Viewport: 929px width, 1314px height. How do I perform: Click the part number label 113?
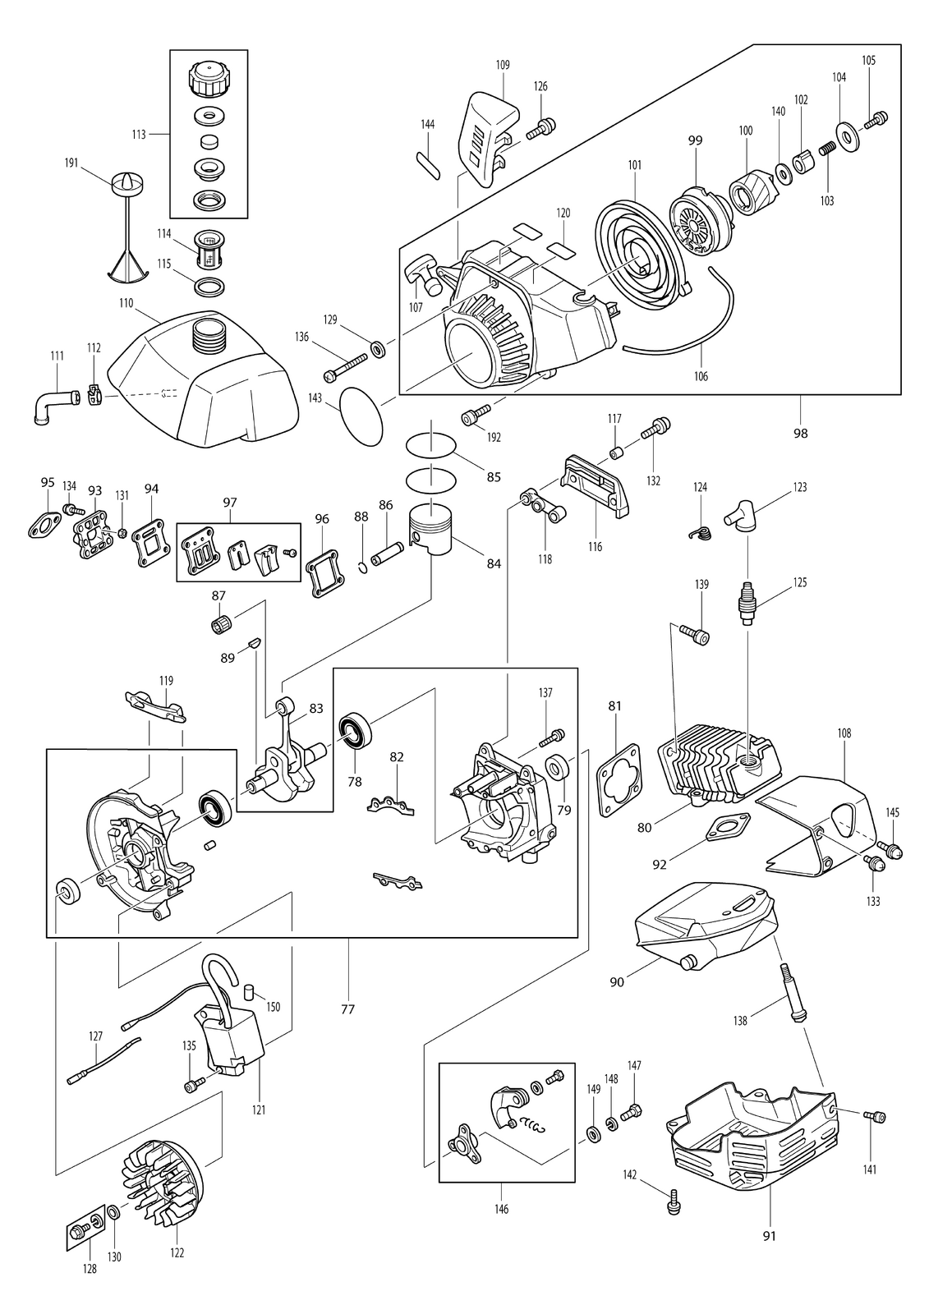click(x=139, y=135)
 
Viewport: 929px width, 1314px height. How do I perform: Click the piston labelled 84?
click(x=431, y=530)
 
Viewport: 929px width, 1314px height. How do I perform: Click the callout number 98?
click(x=801, y=434)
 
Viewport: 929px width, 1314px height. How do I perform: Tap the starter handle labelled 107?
click(x=425, y=276)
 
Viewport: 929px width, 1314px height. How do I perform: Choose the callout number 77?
click(x=347, y=1009)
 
